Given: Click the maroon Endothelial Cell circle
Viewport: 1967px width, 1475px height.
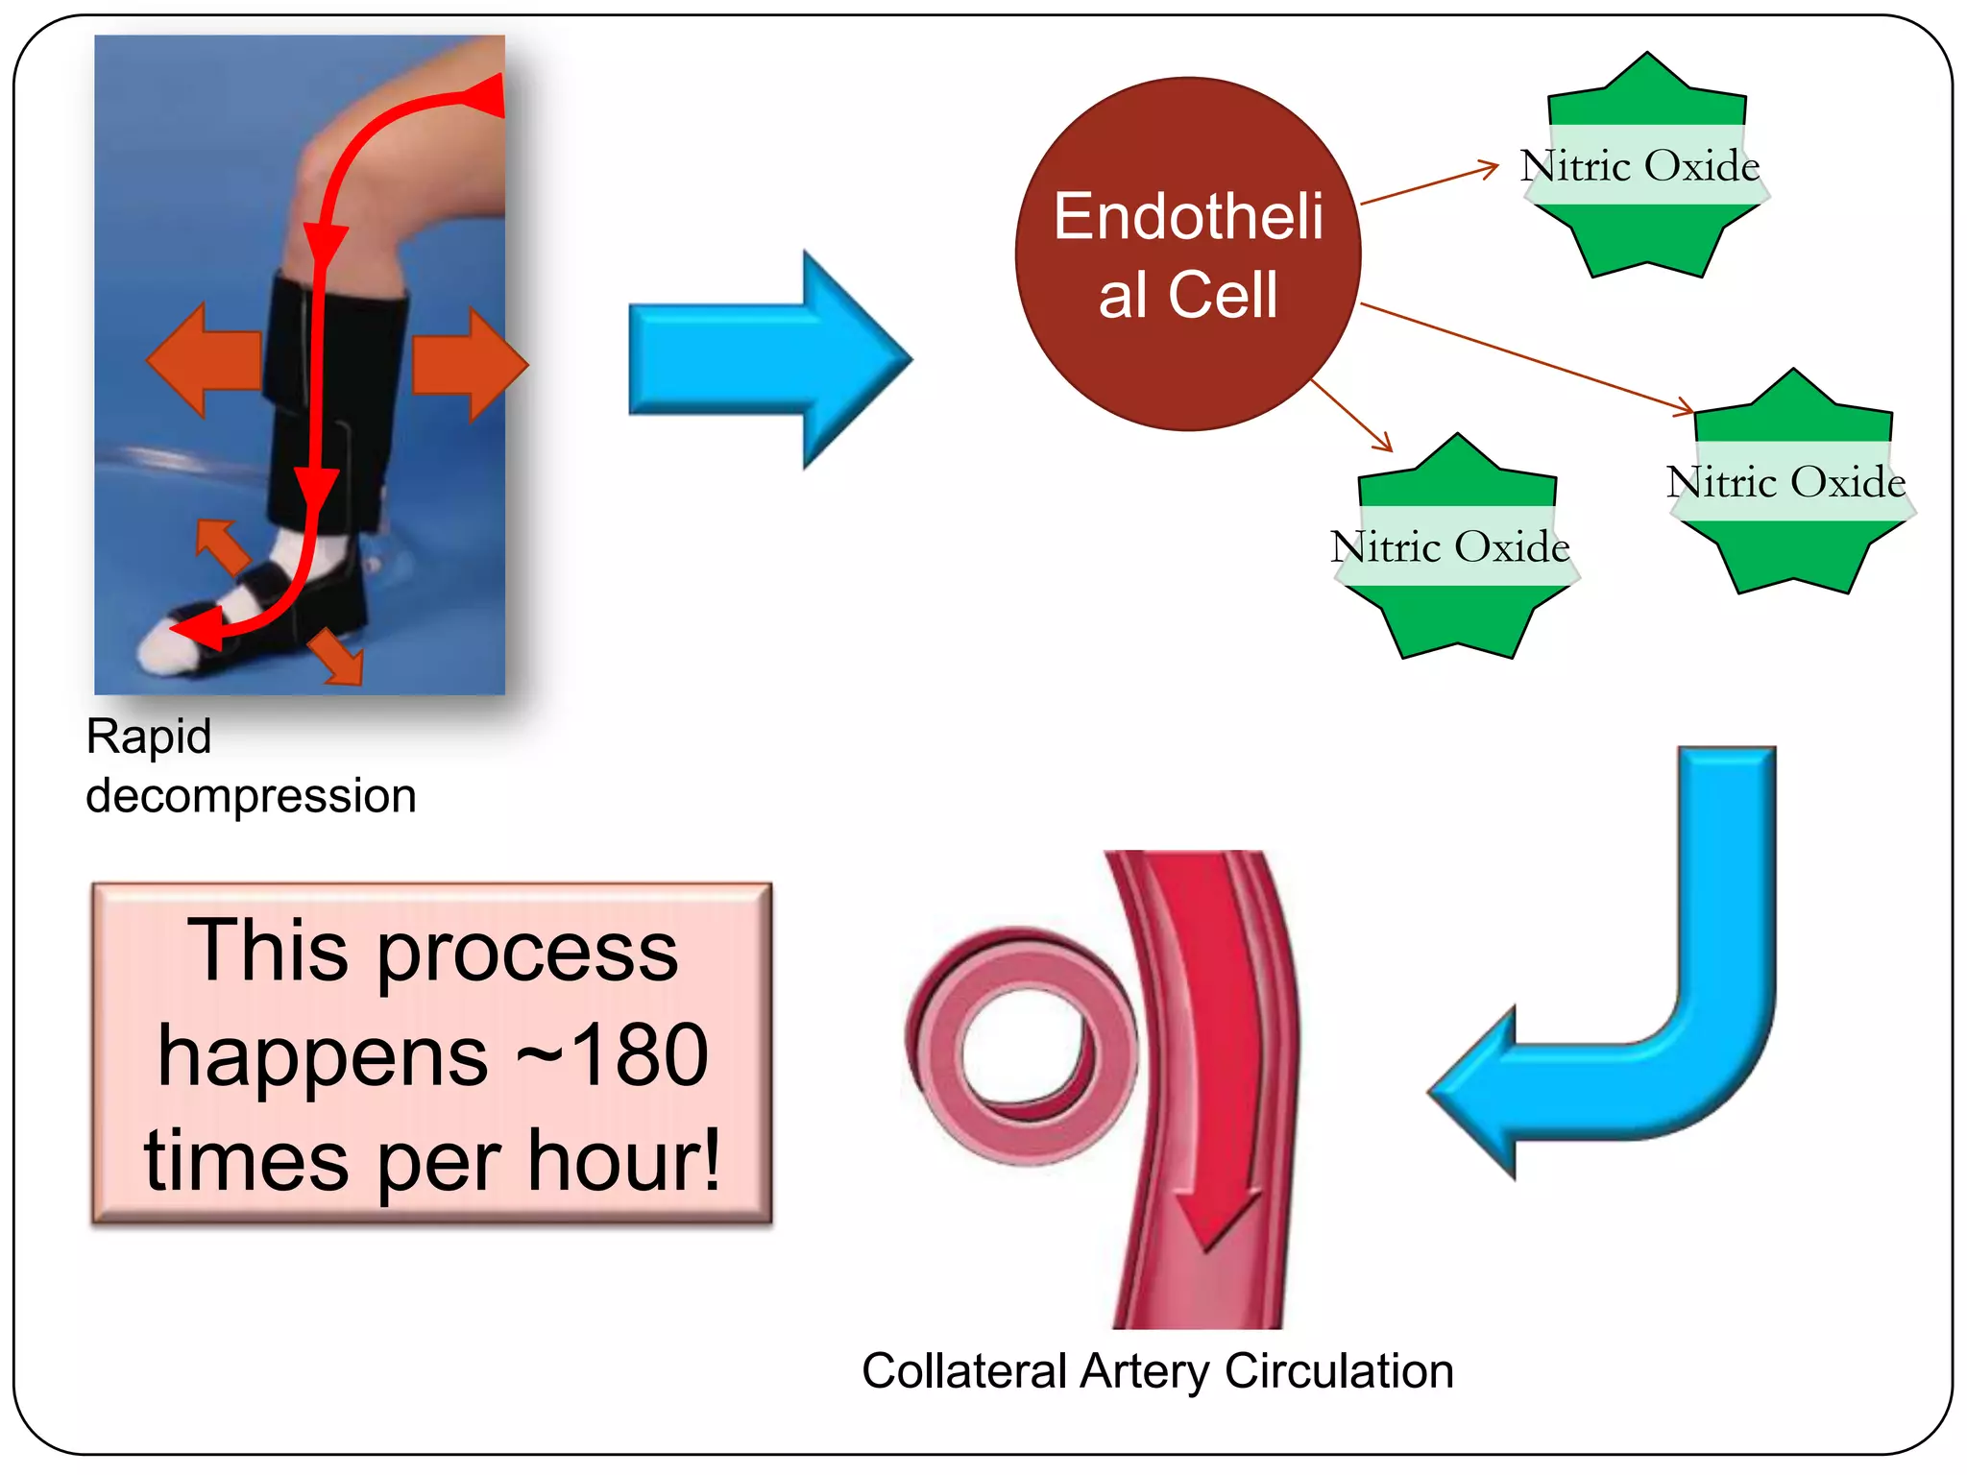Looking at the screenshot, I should point(1188,254).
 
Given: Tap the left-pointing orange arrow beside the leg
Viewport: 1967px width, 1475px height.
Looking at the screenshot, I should point(204,360).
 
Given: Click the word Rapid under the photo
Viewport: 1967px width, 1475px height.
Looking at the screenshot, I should point(148,737).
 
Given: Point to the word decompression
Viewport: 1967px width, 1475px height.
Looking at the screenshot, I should point(251,796).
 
